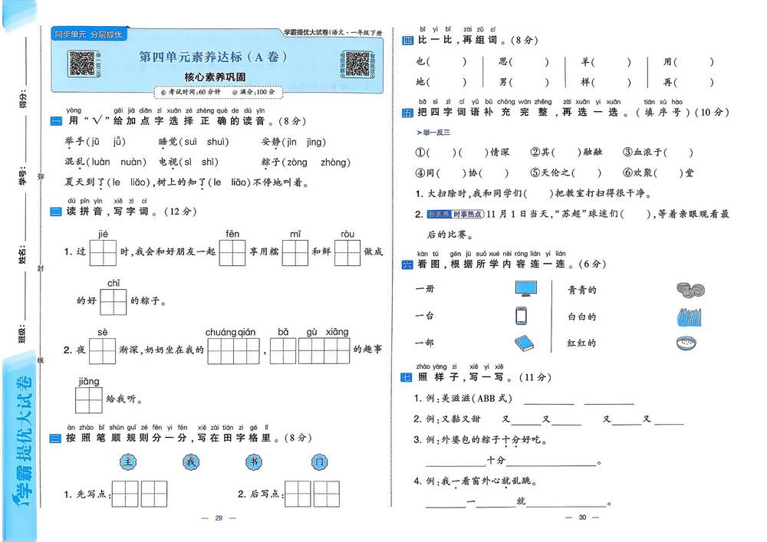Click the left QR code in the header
click(82, 63)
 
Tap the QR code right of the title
click(355, 64)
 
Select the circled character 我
click(191, 462)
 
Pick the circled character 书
click(254, 462)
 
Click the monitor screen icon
click(525, 289)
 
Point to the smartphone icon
click(521, 316)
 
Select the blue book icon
click(524, 343)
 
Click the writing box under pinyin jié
click(103, 252)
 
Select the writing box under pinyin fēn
click(232, 252)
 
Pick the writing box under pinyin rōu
click(347, 252)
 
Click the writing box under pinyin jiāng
click(89, 399)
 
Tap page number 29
click(218, 518)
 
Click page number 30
click(582, 517)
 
